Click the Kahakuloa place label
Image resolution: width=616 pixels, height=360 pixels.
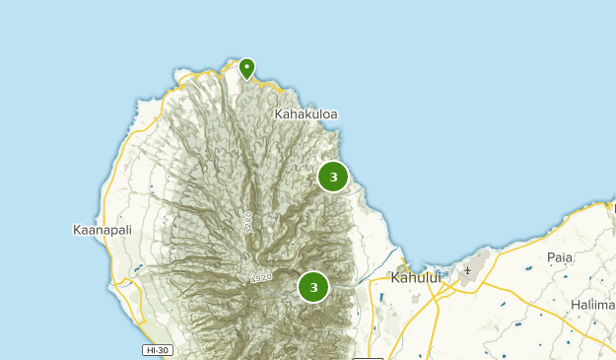pyautogui.click(x=307, y=114)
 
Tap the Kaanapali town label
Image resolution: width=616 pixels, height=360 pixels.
pyautogui.click(x=103, y=230)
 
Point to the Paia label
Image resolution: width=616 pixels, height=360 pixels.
pyautogui.click(x=560, y=257)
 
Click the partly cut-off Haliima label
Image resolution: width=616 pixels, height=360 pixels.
pyautogui.click(x=592, y=305)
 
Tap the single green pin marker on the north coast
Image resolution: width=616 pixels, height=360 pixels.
pyautogui.click(x=246, y=69)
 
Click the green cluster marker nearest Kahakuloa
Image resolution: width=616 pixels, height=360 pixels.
pyautogui.click(x=333, y=178)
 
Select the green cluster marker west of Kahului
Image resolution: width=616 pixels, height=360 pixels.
pyautogui.click(x=313, y=287)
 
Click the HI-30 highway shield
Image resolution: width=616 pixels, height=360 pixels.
pyautogui.click(x=157, y=350)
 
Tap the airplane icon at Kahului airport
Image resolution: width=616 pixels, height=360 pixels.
pyautogui.click(x=467, y=270)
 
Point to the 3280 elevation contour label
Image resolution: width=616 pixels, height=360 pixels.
pyautogui.click(x=247, y=222)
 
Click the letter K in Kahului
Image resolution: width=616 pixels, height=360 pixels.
pyautogui.click(x=395, y=278)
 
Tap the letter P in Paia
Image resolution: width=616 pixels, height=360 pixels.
pyautogui.click(x=551, y=257)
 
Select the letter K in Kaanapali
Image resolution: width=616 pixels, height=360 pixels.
pyautogui.click(x=78, y=230)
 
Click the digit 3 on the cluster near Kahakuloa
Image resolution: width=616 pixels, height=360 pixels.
pyautogui.click(x=333, y=178)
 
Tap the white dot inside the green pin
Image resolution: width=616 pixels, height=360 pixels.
pyautogui.click(x=246, y=66)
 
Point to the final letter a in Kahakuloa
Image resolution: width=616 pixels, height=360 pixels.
pyautogui.click(x=334, y=114)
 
